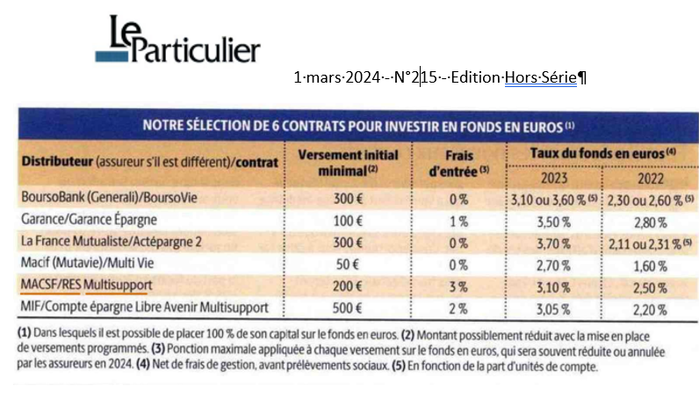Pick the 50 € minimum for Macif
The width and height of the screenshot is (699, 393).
(x=349, y=264)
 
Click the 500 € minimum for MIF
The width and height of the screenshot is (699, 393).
(x=349, y=307)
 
